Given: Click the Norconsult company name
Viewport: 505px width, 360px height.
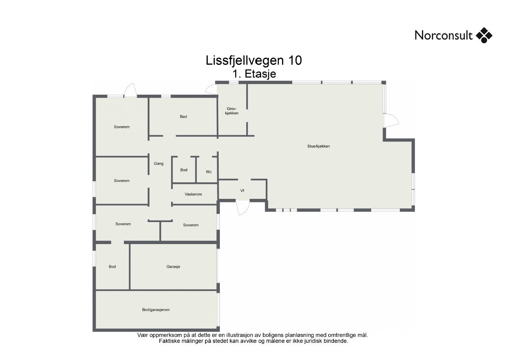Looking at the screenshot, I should click(x=444, y=35).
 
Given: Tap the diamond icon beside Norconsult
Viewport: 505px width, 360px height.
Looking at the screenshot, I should click(x=484, y=35).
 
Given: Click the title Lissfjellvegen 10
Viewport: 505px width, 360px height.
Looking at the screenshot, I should click(x=254, y=61).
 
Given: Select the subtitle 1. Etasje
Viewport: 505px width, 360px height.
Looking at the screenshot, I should click(x=254, y=73).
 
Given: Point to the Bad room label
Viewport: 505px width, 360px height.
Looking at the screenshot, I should click(x=183, y=116).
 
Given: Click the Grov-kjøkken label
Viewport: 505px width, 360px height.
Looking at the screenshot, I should click(x=232, y=111).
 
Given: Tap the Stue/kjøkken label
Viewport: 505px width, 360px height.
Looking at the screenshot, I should click(x=318, y=146).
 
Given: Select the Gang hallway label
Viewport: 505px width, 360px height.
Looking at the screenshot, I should click(x=159, y=163).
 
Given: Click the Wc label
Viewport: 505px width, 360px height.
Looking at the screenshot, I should click(x=209, y=172).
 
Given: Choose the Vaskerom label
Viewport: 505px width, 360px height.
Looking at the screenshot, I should click(x=193, y=194).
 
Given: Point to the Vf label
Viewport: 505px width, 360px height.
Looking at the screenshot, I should click(x=243, y=191).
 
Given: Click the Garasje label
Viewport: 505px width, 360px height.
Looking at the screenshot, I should click(x=173, y=266).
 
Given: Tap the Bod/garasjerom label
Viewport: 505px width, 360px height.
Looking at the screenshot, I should click(x=156, y=310).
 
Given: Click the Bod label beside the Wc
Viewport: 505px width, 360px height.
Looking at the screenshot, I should click(x=184, y=170).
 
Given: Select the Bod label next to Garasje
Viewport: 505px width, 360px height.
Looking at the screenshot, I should click(x=112, y=266).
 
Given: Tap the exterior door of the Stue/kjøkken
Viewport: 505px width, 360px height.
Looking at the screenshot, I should click(x=392, y=120).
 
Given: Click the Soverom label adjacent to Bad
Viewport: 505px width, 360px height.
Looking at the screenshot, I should click(x=122, y=127).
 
